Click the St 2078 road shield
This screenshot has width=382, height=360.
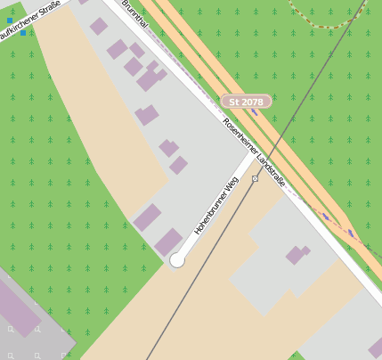click(x=246, y=102)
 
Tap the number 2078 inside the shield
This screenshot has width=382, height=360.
click(x=252, y=102)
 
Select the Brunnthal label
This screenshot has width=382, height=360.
click(x=134, y=14)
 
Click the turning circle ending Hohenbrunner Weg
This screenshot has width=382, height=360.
click(x=176, y=260)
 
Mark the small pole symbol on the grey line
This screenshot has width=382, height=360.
click(x=256, y=179)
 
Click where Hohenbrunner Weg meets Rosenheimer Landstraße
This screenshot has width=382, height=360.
click(x=253, y=156)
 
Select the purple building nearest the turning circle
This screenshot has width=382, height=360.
click(x=167, y=241)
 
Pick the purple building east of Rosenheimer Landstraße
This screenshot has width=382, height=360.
click(x=297, y=255)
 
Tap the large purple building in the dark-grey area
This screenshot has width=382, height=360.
click(x=18, y=307)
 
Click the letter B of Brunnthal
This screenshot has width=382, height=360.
click(x=125, y=4)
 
